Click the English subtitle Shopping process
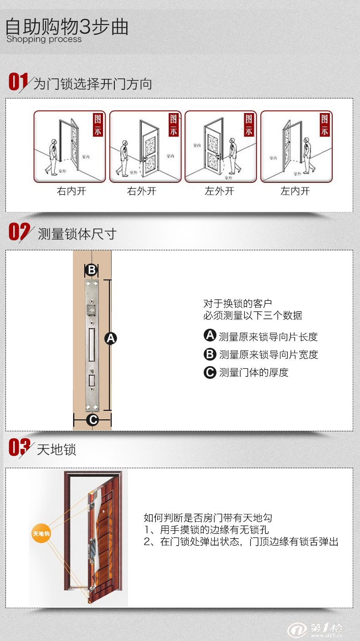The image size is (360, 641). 44,39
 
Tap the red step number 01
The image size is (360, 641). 18,82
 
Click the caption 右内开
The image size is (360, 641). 71,191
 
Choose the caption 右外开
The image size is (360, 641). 141,191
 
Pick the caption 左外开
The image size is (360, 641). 219,191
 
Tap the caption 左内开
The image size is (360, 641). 295,191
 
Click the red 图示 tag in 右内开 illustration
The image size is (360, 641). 98,125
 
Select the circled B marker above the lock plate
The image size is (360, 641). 92,270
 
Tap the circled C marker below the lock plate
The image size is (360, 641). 92,419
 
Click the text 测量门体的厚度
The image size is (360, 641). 253,372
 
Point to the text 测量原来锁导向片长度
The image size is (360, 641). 268,337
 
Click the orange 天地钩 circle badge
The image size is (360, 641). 41,533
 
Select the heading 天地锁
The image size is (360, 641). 57,450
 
